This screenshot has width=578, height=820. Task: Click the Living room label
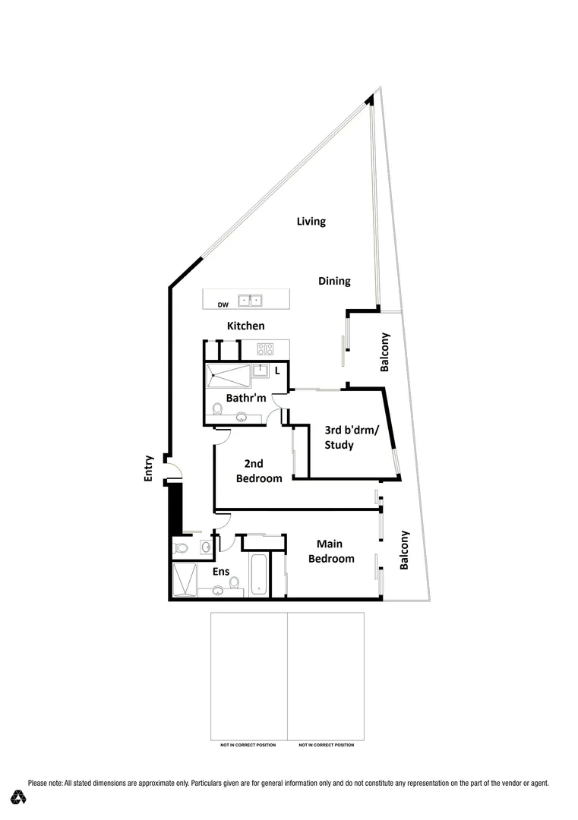point(311,222)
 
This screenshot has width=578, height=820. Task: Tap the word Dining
point(334,281)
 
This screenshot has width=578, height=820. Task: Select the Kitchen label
point(246,326)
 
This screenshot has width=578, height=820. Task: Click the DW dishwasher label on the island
point(223,304)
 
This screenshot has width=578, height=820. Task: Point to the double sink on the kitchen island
point(251,301)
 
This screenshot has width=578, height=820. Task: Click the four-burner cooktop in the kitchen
point(265,350)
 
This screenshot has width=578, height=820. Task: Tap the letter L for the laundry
point(277,371)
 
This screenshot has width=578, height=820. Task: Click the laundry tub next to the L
point(261,371)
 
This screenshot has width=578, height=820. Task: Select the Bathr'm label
point(245,398)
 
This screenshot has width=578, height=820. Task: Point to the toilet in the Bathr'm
point(217,411)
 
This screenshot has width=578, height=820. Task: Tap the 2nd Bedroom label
point(258,471)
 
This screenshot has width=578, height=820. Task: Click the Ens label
point(221,571)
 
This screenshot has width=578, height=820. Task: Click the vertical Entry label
point(149,468)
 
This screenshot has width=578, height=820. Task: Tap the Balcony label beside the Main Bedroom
point(404,550)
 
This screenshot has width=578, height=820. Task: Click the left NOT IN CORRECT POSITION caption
point(248,745)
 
